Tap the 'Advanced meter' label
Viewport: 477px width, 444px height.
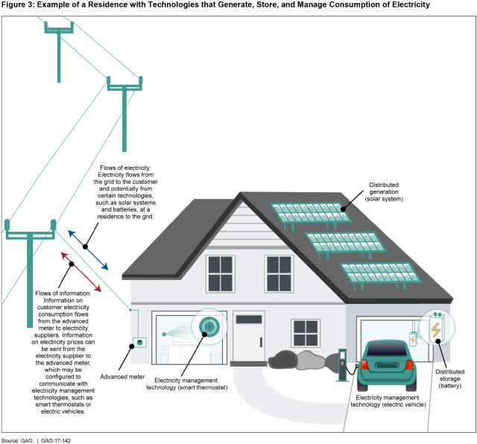[122, 356]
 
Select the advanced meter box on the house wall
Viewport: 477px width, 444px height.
[139, 342]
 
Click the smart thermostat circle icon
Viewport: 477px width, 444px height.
[209, 326]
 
